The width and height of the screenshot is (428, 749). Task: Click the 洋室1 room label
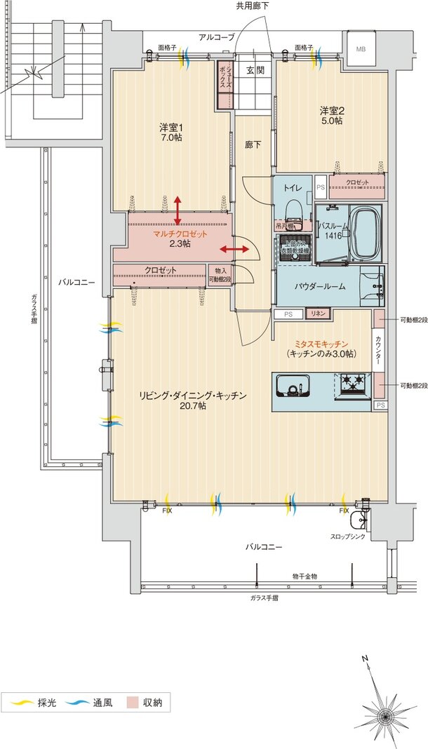tap(171, 133)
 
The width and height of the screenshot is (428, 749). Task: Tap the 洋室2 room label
tap(331, 116)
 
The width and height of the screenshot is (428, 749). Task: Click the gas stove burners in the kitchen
tap(353, 384)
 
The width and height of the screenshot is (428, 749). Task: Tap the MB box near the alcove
tap(360, 49)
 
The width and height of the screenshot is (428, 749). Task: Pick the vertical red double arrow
tap(178, 210)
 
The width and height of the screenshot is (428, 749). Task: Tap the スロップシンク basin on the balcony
tap(360, 520)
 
